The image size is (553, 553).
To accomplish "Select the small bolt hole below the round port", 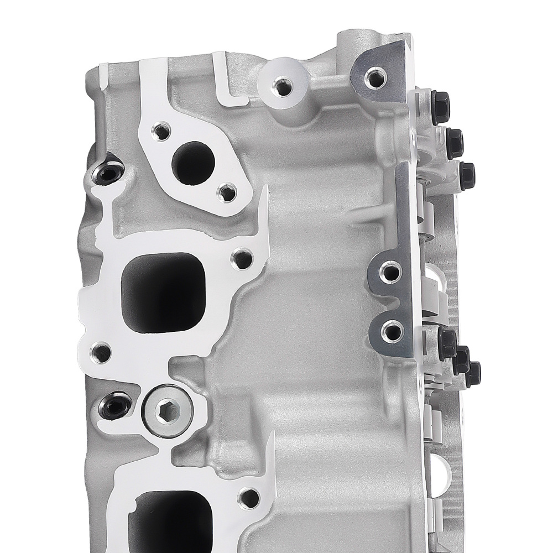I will tap(226, 192).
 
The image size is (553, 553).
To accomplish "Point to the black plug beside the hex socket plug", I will tap(114, 408).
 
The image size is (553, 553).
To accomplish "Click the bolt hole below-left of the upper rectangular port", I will tap(100, 351).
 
